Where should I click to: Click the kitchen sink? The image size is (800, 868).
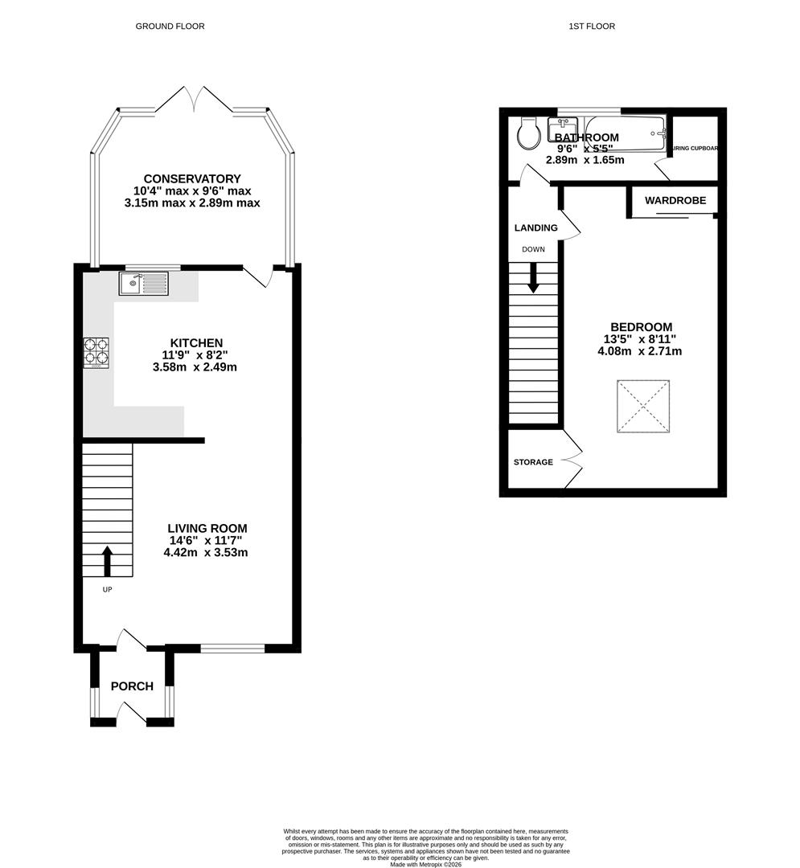[143, 283]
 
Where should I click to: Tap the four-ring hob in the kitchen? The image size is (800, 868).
[96, 353]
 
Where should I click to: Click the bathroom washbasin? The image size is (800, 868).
[563, 129]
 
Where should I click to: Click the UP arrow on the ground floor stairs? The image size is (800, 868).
[107, 561]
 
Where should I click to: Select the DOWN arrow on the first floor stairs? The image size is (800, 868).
[533, 278]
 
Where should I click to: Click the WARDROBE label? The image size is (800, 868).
[675, 200]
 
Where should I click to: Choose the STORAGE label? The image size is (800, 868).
[533, 462]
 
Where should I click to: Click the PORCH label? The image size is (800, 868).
[132, 686]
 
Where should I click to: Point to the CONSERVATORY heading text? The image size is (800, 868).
[192, 178]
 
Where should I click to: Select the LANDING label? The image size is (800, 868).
[535, 227]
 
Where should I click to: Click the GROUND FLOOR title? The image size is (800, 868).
[170, 27]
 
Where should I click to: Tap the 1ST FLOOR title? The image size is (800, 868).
[591, 27]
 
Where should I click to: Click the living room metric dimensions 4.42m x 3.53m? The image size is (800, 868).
[206, 552]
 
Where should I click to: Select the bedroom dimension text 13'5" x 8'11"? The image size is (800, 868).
[641, 339]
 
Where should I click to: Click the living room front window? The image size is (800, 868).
[232, 648]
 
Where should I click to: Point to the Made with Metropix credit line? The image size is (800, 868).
[426, 864]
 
